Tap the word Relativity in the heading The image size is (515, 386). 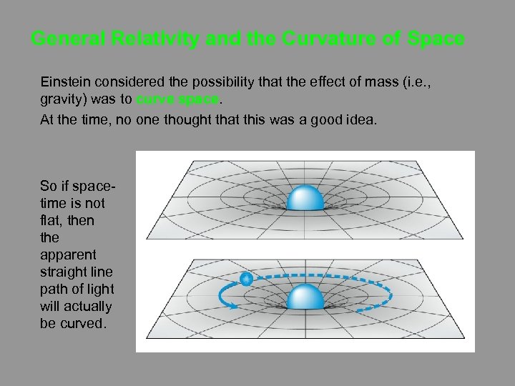point(157,39)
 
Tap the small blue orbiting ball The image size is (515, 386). point(246,279)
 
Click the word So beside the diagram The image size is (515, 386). point(48,186)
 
